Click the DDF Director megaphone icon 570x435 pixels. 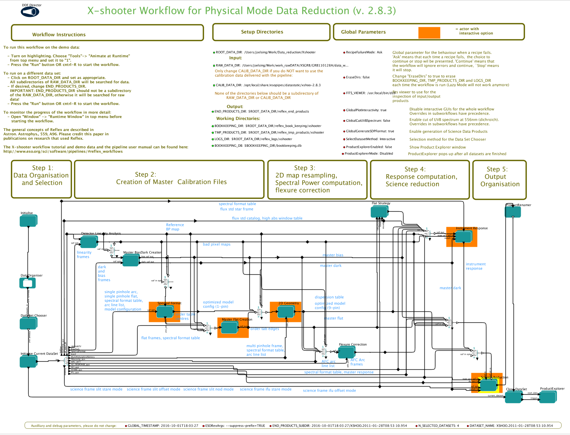(x=30, y=12)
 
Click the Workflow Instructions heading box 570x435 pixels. (x=107, y=33)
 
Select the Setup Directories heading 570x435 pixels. (x=262, y=32)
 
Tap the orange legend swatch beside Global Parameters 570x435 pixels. (x=429, y=33)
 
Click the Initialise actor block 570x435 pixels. (x=28, y=221)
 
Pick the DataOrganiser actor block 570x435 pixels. (x=28, y=283)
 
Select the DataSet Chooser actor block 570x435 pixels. (x=28, y=323)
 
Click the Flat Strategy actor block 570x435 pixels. (x=379, y=212)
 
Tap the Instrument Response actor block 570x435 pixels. (x=463, y=237)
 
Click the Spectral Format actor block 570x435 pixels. (x=164, y=312)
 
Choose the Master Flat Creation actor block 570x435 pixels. (x=230, y=328)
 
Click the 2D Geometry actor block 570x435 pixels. (x=285, y=312)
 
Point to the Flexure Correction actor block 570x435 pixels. (x=346, y=352)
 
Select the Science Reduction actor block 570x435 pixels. (x=488, y=385)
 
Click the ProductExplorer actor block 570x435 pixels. (x=547, y=397)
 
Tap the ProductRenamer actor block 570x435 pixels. (x=513, y=212)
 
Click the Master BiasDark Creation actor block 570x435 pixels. (x=130, y=260)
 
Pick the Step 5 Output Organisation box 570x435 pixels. (x=500, y=180)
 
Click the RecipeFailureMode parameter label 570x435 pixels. (x=364, y=52)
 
